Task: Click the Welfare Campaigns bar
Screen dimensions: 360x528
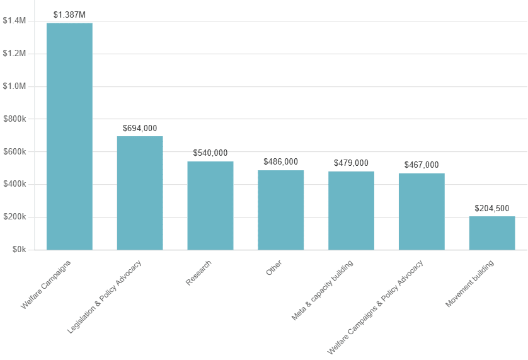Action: pos(69,136)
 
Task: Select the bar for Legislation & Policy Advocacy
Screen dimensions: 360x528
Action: pos(140,193)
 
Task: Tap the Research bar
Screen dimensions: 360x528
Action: pos(210,206)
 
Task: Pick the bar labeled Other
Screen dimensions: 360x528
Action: pos(280,210)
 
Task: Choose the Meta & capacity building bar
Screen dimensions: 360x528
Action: pos(351,211)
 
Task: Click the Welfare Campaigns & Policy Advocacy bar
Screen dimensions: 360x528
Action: pos(422,211)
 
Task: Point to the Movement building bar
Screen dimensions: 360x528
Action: pos(492,233)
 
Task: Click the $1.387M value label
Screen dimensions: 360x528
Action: pos(69,15)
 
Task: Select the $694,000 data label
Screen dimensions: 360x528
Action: pos(140,128)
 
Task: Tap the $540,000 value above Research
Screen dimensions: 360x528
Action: pos(210,153)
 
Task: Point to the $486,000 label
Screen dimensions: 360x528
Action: pos(280,161)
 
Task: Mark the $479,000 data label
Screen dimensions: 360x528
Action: pos(351,163)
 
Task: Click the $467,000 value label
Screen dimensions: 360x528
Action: pos(422,165)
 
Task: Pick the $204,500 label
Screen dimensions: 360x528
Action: pos(492,208)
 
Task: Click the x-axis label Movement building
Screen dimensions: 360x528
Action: pos(470,284)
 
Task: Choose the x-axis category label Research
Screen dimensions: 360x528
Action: pos(199,273)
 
